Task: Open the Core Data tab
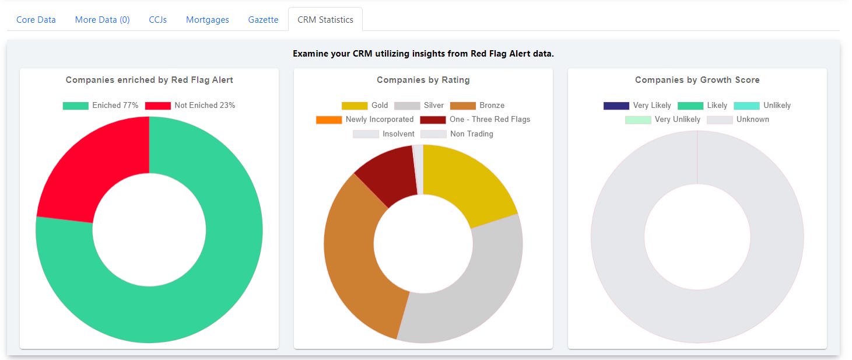pos(36,20)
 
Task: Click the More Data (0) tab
pos(102,20)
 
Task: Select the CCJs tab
pos(158,20)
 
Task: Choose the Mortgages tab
pos(207,20)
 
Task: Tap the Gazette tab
pos(263,20)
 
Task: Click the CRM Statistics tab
pos(325,20)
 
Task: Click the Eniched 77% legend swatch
pos(76,106)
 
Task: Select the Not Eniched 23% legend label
pos(205,106)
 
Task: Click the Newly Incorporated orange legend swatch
pos(329,120)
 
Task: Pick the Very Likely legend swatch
pos(616,106)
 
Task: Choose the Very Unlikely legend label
pos(678,120)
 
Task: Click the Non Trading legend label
pos(472,134)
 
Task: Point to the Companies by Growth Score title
pos(697,80)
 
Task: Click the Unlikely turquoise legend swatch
pos(746,106)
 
